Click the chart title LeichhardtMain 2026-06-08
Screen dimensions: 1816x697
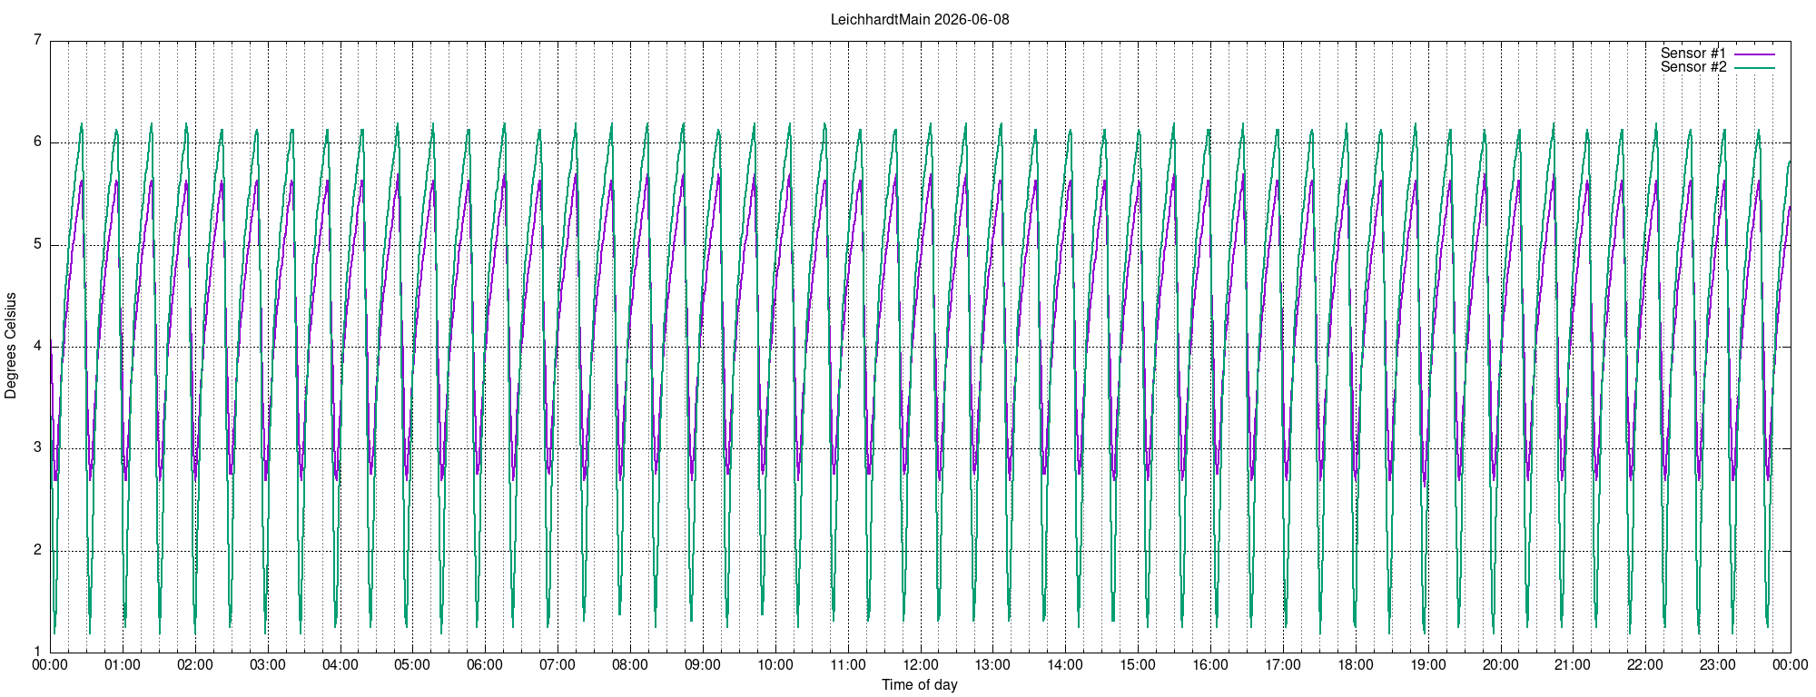[920, 19]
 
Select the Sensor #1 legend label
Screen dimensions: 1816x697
[1693, 54]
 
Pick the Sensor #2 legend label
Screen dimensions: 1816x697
[1693, 67]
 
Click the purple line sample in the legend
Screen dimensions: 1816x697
[1754, 54]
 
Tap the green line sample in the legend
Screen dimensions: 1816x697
[1754, 68]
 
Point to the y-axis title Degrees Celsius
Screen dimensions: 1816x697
[11, 346]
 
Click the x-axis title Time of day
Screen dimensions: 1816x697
[920, 684]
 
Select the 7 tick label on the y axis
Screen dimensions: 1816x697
[37, 40]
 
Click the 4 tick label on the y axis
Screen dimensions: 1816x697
[37, 346]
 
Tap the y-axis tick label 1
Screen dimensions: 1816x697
[37, 652]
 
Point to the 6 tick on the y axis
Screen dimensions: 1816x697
[37, 142]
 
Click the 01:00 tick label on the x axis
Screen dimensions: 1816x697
[123, 664]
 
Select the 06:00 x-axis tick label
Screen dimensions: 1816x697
[485, 664]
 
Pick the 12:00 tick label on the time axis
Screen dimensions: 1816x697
[921, 664]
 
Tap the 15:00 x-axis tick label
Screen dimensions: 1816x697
[1138, 664]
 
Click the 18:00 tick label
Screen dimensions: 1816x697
[1356, 664]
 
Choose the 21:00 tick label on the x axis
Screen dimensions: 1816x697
[1573, 664]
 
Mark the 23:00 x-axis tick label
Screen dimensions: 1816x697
[1718, 664]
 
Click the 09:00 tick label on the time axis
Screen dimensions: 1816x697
[703, 664]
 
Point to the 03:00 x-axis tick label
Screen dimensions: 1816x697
[268, 664]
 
